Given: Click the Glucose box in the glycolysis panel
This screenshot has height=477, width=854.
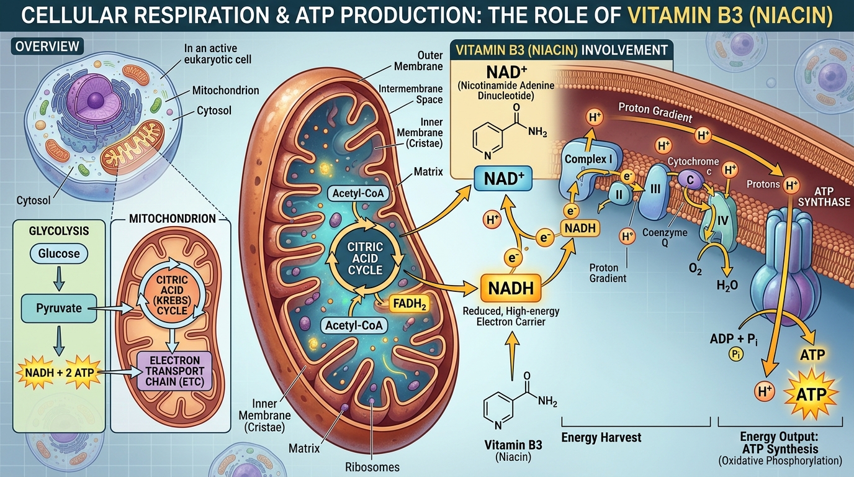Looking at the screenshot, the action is (x=59, y=254).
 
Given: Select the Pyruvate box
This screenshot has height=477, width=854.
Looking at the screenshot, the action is (x=59, y=308).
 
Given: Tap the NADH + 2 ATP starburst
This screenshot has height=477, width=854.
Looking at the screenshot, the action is (x=59, y=372).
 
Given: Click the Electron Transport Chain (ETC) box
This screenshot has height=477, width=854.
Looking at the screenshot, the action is (x=174, y=371).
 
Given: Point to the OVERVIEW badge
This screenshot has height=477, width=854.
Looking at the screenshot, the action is (x=47, y=47).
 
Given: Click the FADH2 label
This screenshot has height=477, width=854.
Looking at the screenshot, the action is (x=409, y=304).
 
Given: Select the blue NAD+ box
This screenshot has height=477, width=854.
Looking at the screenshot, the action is (x=503, y=179).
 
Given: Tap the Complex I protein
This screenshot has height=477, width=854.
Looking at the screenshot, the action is (x=587, y=165).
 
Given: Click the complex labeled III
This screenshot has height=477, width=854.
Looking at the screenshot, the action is (x=655, y=189).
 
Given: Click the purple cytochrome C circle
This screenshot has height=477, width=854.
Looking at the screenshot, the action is (x=690, y=179).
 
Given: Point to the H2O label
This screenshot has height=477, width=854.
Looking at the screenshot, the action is (x=727, y=286).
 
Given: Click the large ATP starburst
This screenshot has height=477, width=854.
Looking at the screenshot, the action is (x=811, y=394).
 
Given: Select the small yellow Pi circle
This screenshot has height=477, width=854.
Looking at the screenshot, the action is (x=736, y=355).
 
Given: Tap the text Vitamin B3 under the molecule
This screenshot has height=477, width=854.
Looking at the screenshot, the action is (x=513, y=445).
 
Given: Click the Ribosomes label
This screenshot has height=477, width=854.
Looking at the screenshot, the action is (x=372, y=467).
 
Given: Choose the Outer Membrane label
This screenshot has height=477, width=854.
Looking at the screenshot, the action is (x=418, y=61).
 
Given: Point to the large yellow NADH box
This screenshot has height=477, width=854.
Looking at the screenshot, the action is (x=511, y=288).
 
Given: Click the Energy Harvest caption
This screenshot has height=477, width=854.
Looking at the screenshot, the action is (x=601, y=437).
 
